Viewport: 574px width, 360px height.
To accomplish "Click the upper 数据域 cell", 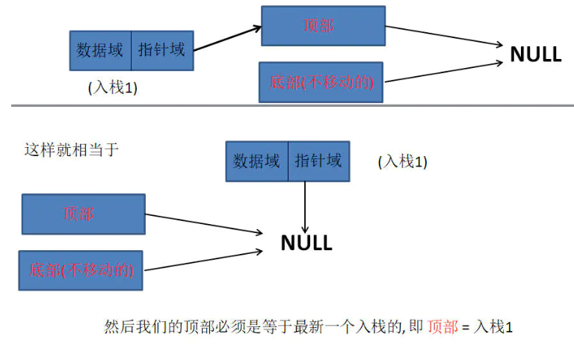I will click(x=100, y=51).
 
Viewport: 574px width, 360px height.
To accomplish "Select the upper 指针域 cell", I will click(x=161, y=51).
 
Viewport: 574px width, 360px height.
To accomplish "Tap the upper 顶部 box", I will click(x=323, y=26).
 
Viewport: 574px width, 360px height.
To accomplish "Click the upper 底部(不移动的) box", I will click(x=321, y=82).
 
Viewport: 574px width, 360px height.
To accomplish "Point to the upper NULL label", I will click(x=535, y=55).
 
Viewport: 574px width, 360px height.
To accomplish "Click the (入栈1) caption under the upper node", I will click(x=112, y=88).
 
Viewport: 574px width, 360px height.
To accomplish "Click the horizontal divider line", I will click(x=291, y=105).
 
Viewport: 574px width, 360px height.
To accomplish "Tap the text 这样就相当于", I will click(x=71, y=149).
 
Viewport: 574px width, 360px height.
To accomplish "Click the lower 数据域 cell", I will click(x=256, y=161).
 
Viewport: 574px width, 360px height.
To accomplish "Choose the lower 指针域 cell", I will click(x=318, y=161).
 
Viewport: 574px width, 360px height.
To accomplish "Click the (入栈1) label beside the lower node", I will click(x=402, y=162).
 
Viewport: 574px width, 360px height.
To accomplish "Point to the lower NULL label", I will click(x=306, y=243).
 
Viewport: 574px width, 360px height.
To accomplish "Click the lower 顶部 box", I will click(x=83, y=214).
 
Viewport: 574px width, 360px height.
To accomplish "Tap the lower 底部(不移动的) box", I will click(x=81, y=270).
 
